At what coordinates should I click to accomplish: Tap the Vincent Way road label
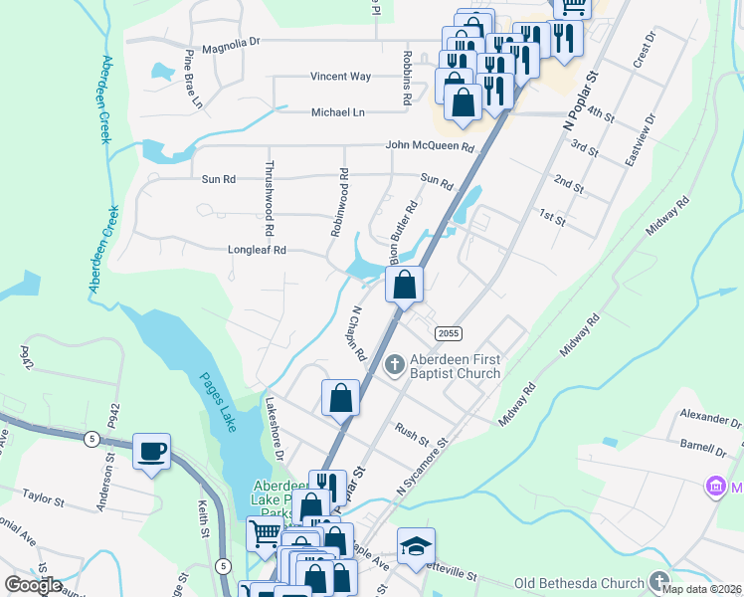[x=340, y=77]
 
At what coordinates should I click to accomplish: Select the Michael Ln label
[x=338, y=113]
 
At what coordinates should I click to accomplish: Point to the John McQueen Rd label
[x=431, y=147]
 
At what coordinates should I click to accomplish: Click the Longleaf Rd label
[x=257, y=251]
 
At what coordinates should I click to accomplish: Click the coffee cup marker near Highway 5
[x=151, y=451]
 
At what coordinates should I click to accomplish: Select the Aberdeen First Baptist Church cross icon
[x=395, y=365]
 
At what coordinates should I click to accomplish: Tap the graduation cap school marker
[x=416, y=545]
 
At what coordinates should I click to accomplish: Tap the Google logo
[x=33, y=584]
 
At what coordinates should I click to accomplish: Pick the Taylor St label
[x=43, y=495]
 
